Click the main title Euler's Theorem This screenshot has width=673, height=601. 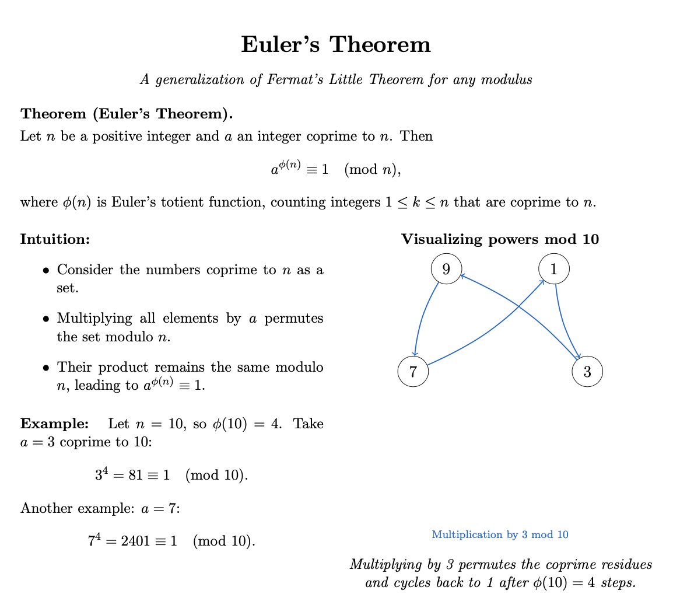click(336, 45)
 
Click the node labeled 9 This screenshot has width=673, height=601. click(446, 269)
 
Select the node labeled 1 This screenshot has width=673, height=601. click(553, 269)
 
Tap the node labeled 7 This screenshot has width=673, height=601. click(412, 372)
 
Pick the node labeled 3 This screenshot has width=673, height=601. click(587, 372)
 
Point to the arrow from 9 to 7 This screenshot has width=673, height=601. click(421, 318)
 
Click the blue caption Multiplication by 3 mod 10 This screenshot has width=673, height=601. click(500, 534)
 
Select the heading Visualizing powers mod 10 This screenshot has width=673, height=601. click(500, 239)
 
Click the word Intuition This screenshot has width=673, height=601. click(55, 239)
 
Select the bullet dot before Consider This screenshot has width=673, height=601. click(46, 271)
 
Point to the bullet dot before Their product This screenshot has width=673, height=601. click(46, 369)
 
